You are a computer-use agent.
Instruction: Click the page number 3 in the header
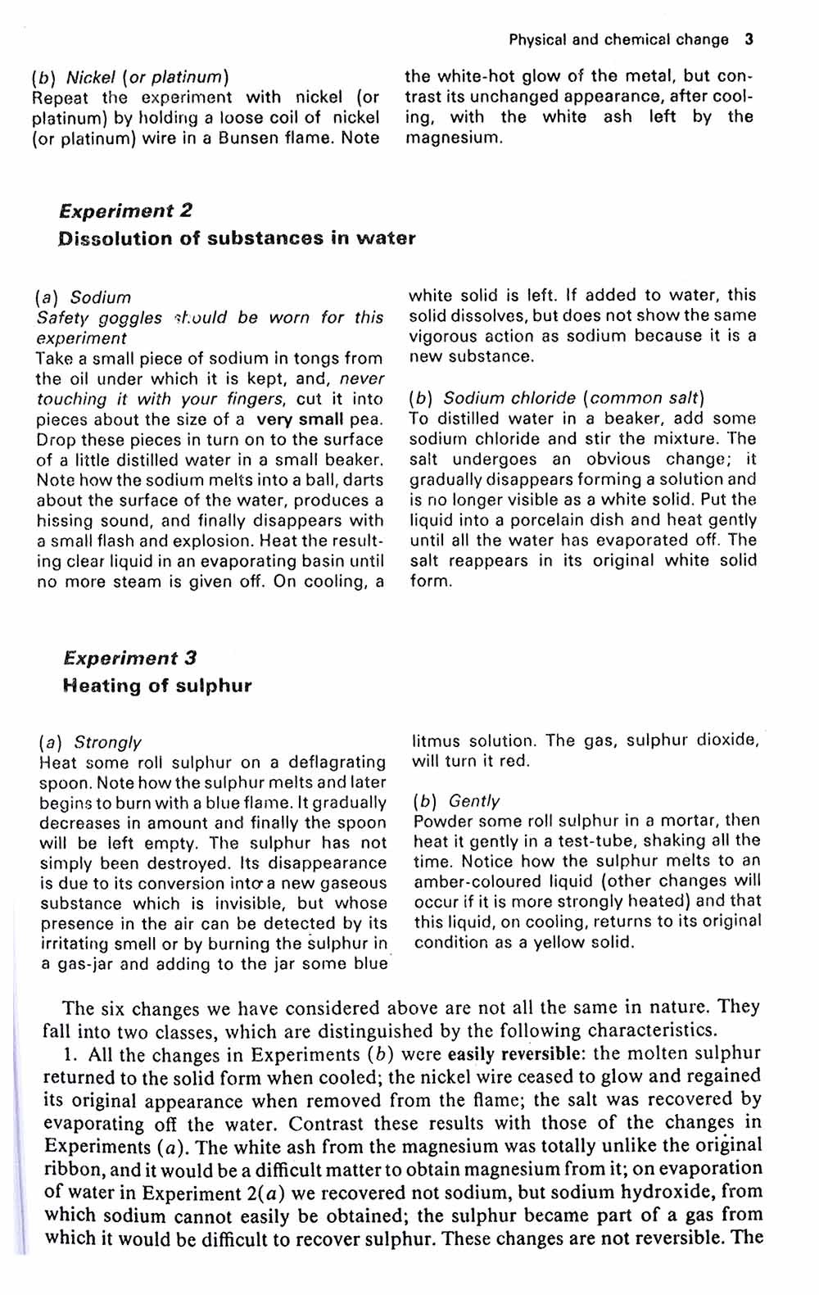749,39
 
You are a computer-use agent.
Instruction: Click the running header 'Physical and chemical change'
618,39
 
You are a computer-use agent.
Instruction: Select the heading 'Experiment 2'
125,211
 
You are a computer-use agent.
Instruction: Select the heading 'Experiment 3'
129,658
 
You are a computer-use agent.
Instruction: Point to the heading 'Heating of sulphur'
156,686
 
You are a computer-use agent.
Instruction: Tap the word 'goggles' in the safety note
130,318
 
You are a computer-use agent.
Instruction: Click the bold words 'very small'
300,419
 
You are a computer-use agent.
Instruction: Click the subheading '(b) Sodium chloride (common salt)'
556,398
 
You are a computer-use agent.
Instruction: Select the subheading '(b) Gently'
456,800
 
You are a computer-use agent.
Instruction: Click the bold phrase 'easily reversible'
517,1053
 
